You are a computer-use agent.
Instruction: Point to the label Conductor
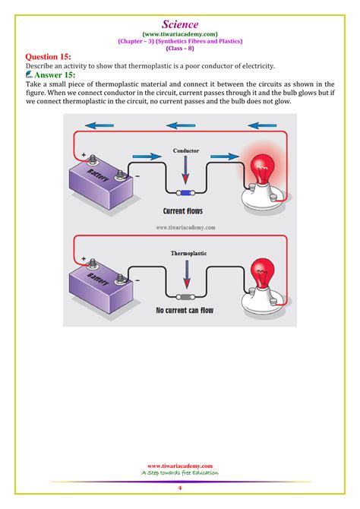coord(186,150)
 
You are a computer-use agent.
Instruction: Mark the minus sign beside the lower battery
coord(137,280)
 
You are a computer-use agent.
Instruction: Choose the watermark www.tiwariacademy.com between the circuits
coord(186,226)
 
